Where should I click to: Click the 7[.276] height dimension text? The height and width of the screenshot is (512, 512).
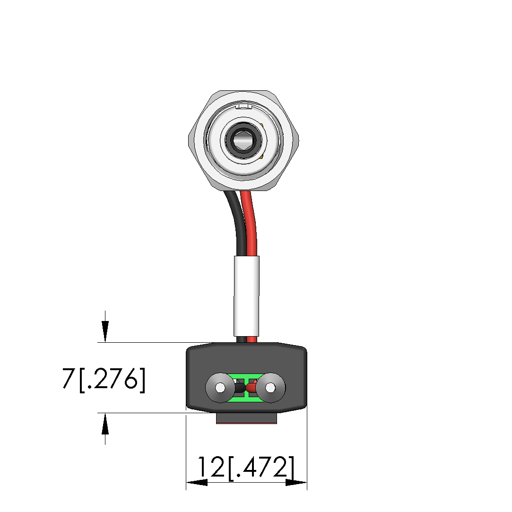[x=104, y=379]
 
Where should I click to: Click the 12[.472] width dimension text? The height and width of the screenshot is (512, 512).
[x=246, y=468]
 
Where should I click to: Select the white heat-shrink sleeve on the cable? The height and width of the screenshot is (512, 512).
[x=246, y=296]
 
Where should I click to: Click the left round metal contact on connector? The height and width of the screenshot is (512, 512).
[x=220, y=388]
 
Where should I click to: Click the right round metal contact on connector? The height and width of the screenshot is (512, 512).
[x=270, y=388]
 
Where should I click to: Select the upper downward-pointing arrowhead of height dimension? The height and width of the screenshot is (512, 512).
[x=105, y=331]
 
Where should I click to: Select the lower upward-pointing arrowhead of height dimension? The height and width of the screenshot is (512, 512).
[x=105, y=424]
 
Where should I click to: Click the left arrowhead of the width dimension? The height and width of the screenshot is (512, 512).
[x=197, y=482]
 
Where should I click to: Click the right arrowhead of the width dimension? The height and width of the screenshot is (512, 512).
[x=296, y=482]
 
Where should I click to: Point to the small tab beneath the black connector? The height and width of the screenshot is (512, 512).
[x=246, y=418]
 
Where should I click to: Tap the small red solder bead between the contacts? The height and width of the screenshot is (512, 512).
[x=252, y=388]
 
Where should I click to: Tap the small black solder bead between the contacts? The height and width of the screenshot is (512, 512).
[x=240, y=388]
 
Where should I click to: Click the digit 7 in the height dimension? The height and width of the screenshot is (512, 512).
[x=68, y=379]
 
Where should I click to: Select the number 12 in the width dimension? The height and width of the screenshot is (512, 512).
[x=211, y=467]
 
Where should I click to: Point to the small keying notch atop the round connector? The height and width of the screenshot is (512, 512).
[x=243, y=106]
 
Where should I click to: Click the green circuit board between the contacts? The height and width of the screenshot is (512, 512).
[x=245, y=388]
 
